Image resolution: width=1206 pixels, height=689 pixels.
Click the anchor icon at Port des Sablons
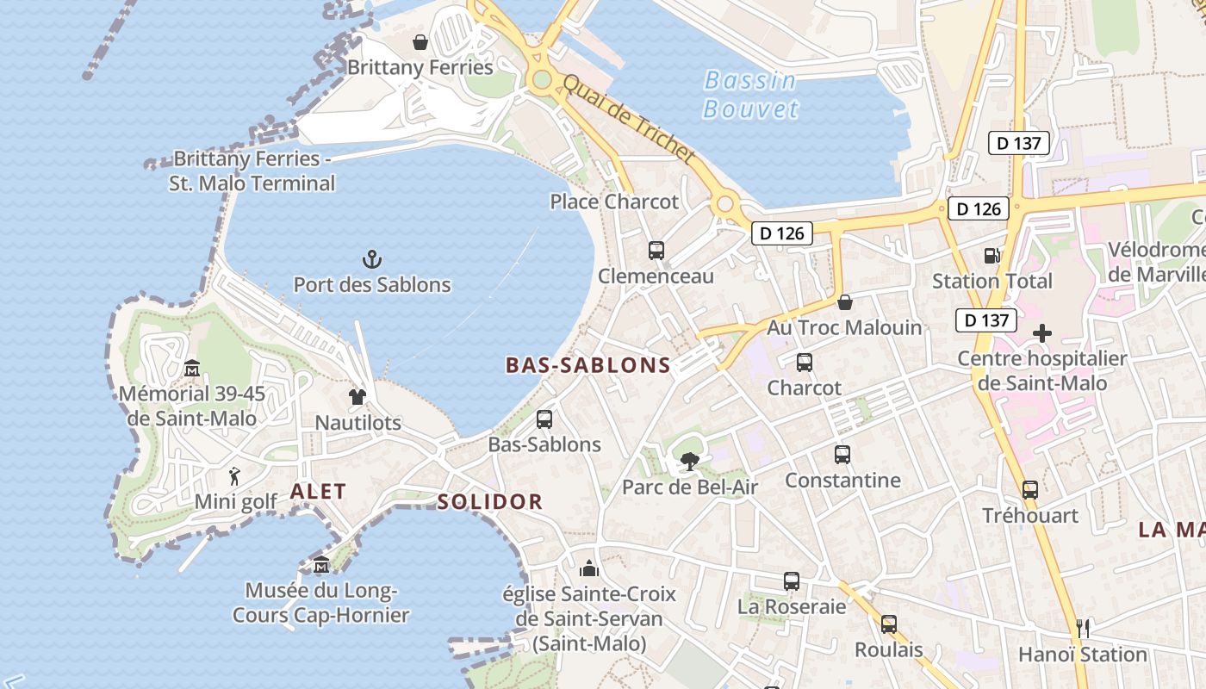[371, 258]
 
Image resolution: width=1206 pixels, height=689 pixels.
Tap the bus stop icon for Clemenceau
[656, 251]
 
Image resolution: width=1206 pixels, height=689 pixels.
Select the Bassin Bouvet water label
[750, 95]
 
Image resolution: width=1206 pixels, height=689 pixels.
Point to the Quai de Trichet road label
[628, 119]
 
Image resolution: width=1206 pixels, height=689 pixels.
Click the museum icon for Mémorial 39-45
[192, 369]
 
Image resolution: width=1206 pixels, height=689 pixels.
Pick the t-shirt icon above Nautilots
[357, 397]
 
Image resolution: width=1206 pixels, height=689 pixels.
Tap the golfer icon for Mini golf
[234, 475]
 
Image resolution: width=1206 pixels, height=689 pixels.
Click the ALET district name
[318, 492]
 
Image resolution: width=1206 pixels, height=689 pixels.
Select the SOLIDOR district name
[489, 502]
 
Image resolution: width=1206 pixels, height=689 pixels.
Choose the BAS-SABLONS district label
[588, 365]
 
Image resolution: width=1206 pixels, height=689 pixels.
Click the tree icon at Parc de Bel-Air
[689, 462]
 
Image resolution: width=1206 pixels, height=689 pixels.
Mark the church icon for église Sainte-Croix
[589, 568]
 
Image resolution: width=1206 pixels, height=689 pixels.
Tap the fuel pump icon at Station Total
[992, 256]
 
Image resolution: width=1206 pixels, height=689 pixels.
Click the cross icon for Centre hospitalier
[1042, 333]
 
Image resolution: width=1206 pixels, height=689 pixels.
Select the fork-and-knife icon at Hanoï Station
[1083, 628]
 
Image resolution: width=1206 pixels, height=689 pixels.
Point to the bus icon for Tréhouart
[1030, 490]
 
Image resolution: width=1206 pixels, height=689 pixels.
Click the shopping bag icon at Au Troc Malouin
[845, 302]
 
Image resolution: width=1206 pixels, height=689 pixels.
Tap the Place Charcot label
[614, 202]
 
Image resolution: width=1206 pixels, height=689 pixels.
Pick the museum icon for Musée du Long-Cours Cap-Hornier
[321, 565]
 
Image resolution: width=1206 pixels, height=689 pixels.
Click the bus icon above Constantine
[842, 455]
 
